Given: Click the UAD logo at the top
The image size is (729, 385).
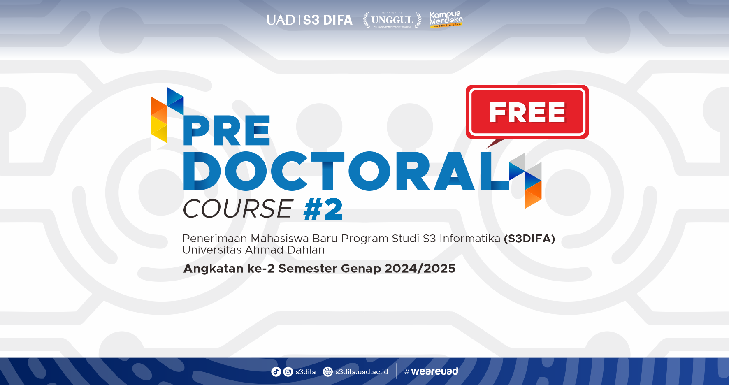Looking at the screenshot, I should tap(280, 20).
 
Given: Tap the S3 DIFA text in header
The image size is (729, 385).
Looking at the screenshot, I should tap(327, 20).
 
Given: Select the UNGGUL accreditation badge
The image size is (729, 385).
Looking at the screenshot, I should tap(392, 20).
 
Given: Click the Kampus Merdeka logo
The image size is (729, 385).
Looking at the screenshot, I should tap(446, 19).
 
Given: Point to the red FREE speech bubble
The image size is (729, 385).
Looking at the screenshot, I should tap(527, 112).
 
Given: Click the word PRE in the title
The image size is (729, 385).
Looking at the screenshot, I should tap(226, 131).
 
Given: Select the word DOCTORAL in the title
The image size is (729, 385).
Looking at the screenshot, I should tap(346, 172).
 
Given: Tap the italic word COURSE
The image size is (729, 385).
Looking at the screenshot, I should tap(238, 209).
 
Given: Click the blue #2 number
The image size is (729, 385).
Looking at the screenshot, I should tap(323, 209).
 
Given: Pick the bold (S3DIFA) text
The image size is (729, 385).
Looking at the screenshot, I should tap(529, 239).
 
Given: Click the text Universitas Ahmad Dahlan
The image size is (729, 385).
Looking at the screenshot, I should tap(253, 250).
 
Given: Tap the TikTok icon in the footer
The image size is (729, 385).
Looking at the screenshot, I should tap(276, 372).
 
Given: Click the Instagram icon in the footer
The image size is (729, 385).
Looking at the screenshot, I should tap(288, 372).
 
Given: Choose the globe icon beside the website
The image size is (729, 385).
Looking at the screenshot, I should tap(328, 372).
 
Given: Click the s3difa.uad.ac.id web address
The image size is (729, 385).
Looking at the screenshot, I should tap(362, 372).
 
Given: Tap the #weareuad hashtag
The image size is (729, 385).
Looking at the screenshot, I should tap(431, 371).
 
